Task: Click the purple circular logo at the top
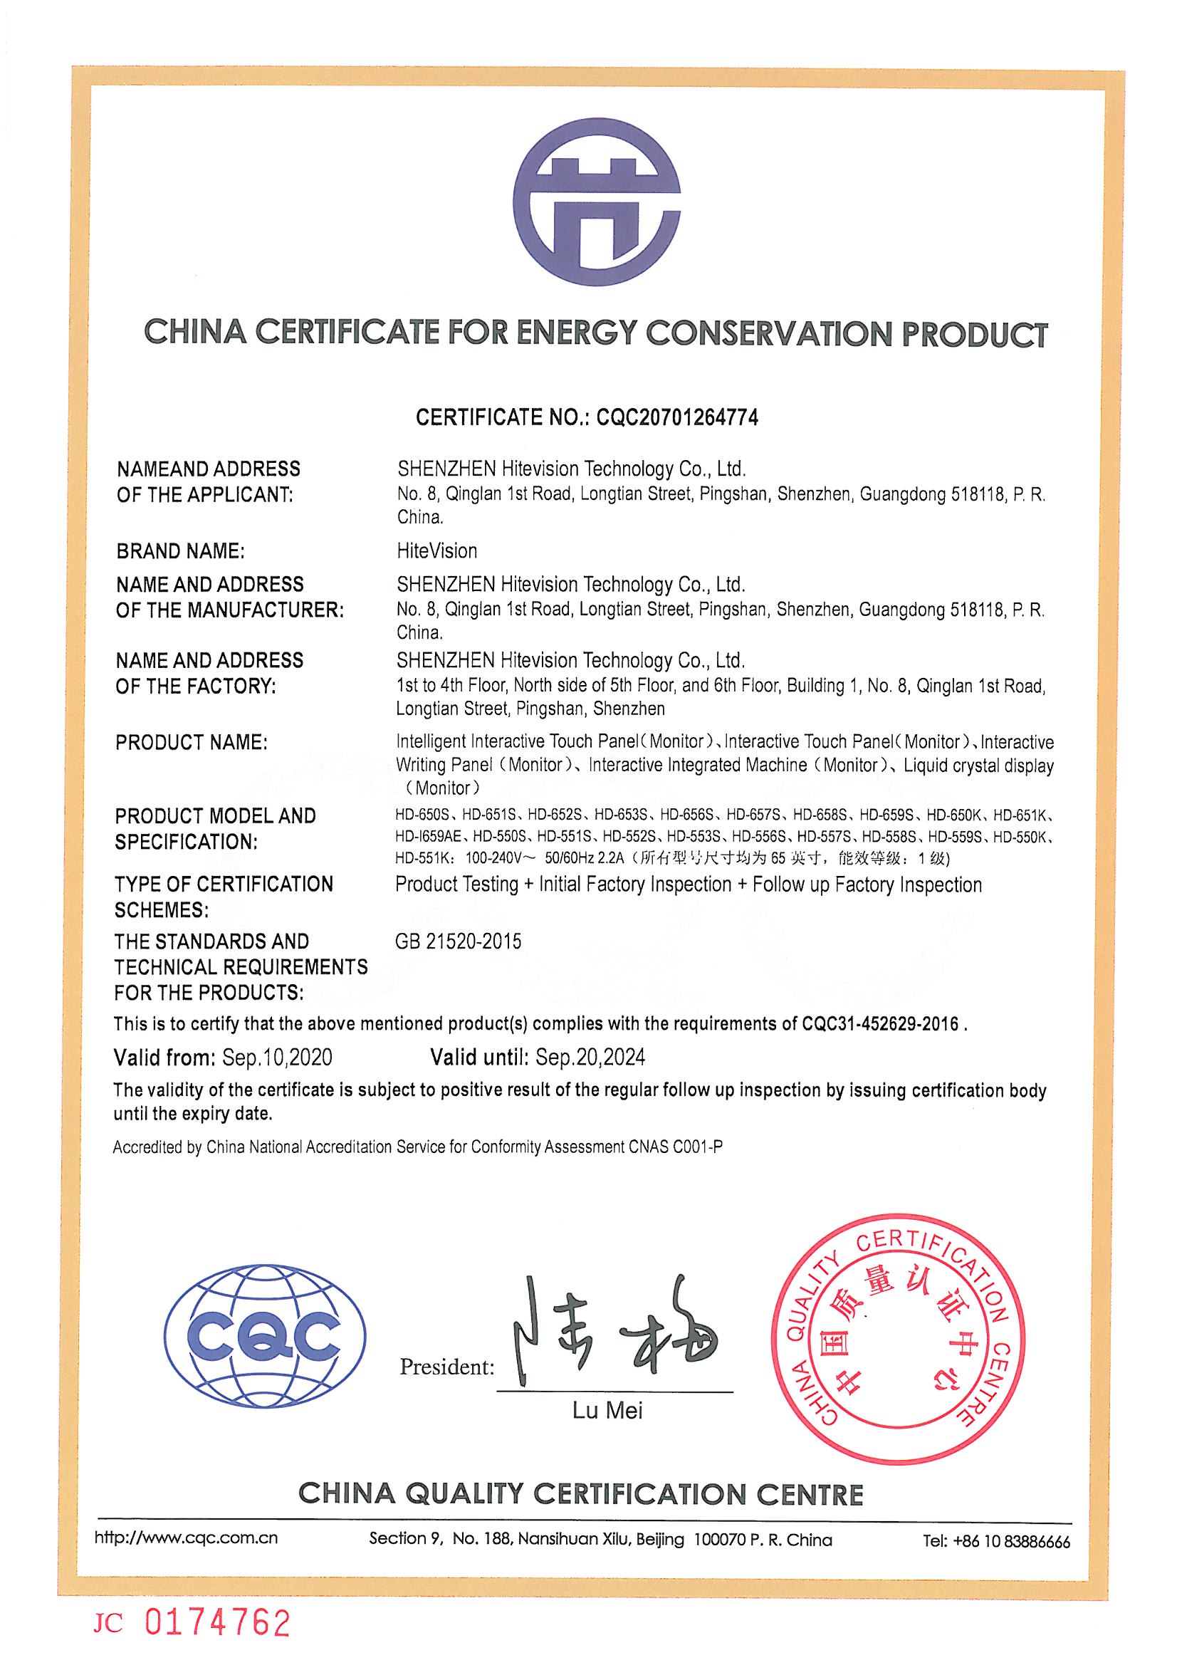(x=596, y=202)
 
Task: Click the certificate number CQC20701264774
(x=676, y=417)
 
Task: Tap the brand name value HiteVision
(x=436, y=551)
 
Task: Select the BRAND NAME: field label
(x=181, y=552)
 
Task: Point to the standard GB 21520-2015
(x=459, y=941)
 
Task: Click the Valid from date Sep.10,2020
(x=277, y=1058)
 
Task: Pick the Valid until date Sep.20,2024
(x=590, y=1058)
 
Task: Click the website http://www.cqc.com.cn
(x=186, y=1538)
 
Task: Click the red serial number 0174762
(x=218, y=1622)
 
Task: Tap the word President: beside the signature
(x=446, y=1367)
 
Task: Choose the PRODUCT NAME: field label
(x=192, y=743)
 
